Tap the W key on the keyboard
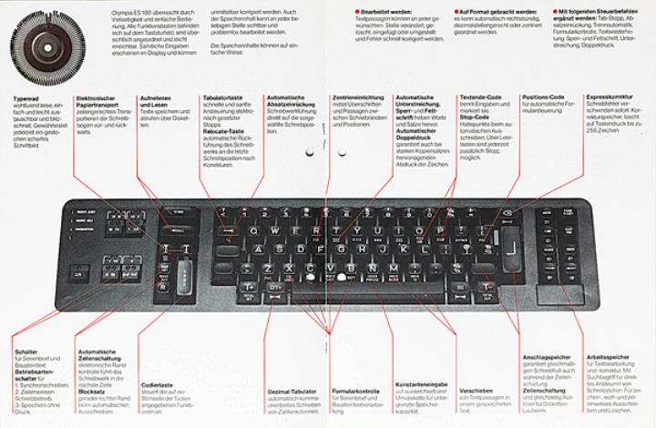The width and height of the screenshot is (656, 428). [294, 230]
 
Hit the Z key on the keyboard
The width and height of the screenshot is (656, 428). [288, 267]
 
